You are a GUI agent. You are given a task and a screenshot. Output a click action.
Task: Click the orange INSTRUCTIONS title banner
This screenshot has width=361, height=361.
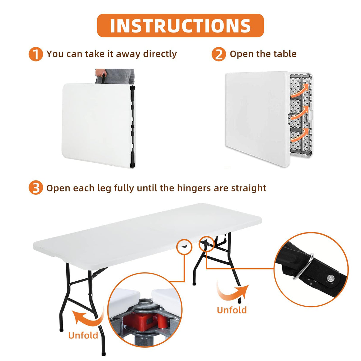point(180,26)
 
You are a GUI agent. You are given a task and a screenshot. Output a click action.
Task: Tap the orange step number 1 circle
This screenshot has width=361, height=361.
point(36,54)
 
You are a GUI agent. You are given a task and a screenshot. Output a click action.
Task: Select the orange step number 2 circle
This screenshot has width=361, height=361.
point(219,54)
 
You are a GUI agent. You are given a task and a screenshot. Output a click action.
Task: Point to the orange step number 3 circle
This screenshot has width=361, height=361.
point(36,188)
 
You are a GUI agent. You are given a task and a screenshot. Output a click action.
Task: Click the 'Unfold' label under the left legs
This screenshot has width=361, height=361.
point(83,335)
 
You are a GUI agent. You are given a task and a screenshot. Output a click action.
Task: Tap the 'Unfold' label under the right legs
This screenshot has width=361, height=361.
point(232,310)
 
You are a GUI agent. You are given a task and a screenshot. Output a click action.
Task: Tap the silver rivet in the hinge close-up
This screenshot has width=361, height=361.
point(330,278)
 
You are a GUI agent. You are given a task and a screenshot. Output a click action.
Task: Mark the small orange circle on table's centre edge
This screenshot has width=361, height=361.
point(184,246)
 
